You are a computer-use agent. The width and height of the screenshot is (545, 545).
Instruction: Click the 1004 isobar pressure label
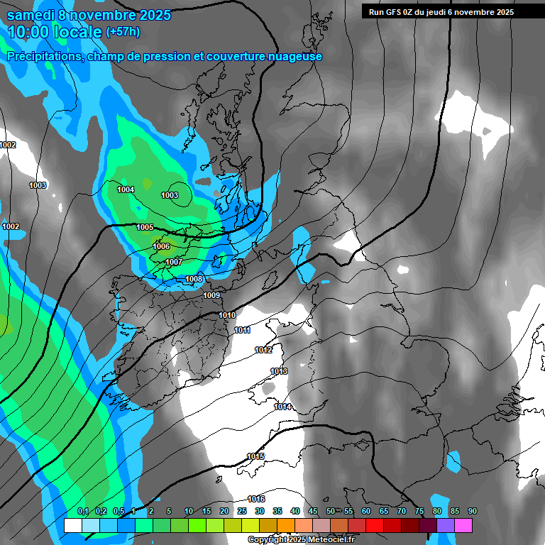click(x=126, y=189)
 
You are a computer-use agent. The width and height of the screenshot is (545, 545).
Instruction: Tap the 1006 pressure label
click(x=161, y=246)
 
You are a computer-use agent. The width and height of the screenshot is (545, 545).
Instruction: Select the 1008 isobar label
click(x=194, y=279)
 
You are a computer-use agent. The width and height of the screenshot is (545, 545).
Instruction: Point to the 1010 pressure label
click(x=227, y=315)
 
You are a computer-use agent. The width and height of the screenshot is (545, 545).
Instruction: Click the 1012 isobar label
click(x=263, y=350)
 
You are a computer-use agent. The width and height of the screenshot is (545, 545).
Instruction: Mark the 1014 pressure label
click(x=283, y=407)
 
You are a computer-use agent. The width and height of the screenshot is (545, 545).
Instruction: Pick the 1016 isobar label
click(x=256, y=499)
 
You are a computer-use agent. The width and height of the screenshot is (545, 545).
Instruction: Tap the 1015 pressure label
click(x=255, y=456)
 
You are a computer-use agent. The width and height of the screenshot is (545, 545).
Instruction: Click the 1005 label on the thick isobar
click(x=145, y=227)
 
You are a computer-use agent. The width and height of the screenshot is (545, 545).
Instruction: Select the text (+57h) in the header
click(x=123, y=31)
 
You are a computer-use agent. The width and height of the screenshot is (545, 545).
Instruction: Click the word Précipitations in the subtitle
click(x=43, y=57)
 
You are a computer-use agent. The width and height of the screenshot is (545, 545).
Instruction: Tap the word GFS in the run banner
click(x=394, y=12)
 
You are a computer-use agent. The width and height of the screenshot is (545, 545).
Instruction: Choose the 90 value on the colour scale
click(x=473, y=511)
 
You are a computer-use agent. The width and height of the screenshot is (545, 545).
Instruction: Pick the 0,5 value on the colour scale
click(x=119, y=511)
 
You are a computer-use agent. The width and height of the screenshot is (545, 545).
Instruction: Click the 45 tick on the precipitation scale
click(x=313, y=511)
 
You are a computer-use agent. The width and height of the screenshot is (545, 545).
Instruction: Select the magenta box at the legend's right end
click(x=463, y=525)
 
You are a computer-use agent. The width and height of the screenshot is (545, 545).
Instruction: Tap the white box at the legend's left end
click(x=72, y=525)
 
